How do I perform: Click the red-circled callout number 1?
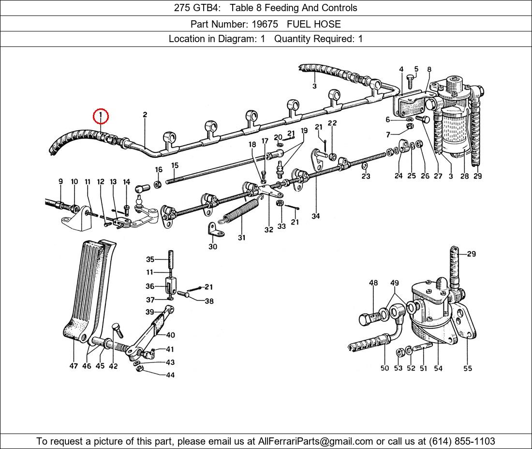[x=101, y=116]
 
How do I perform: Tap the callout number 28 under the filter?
[x=464, y=176]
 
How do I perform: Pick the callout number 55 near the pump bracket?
[x=467, y=368]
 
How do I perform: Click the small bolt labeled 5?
[x=410, y=78]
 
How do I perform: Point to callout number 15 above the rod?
[x=175, y=165]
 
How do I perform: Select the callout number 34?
[x=315, y=216]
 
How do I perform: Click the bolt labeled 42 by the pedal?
[x=117, y=331]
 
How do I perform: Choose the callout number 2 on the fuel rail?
[x=145, y=115]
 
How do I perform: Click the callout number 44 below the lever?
[x=170, y=375]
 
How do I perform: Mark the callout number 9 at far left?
[x=60, y=182]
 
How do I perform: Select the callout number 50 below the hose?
[x=384, y=368]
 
